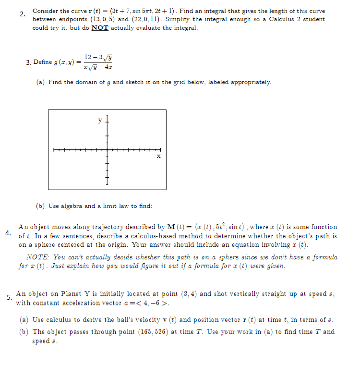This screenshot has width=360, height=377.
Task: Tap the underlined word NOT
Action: pos(100,28)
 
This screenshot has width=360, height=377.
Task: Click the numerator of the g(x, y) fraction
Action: pos(97,57)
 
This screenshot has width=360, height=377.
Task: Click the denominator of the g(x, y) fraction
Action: pos(97,67)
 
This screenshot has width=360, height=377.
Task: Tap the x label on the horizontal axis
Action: pos(158,156)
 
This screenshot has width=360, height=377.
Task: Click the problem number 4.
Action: pos(8,233)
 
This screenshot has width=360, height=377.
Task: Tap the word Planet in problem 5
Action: pos(65,294)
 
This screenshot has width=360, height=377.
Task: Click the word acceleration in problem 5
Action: pos(79,303)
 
